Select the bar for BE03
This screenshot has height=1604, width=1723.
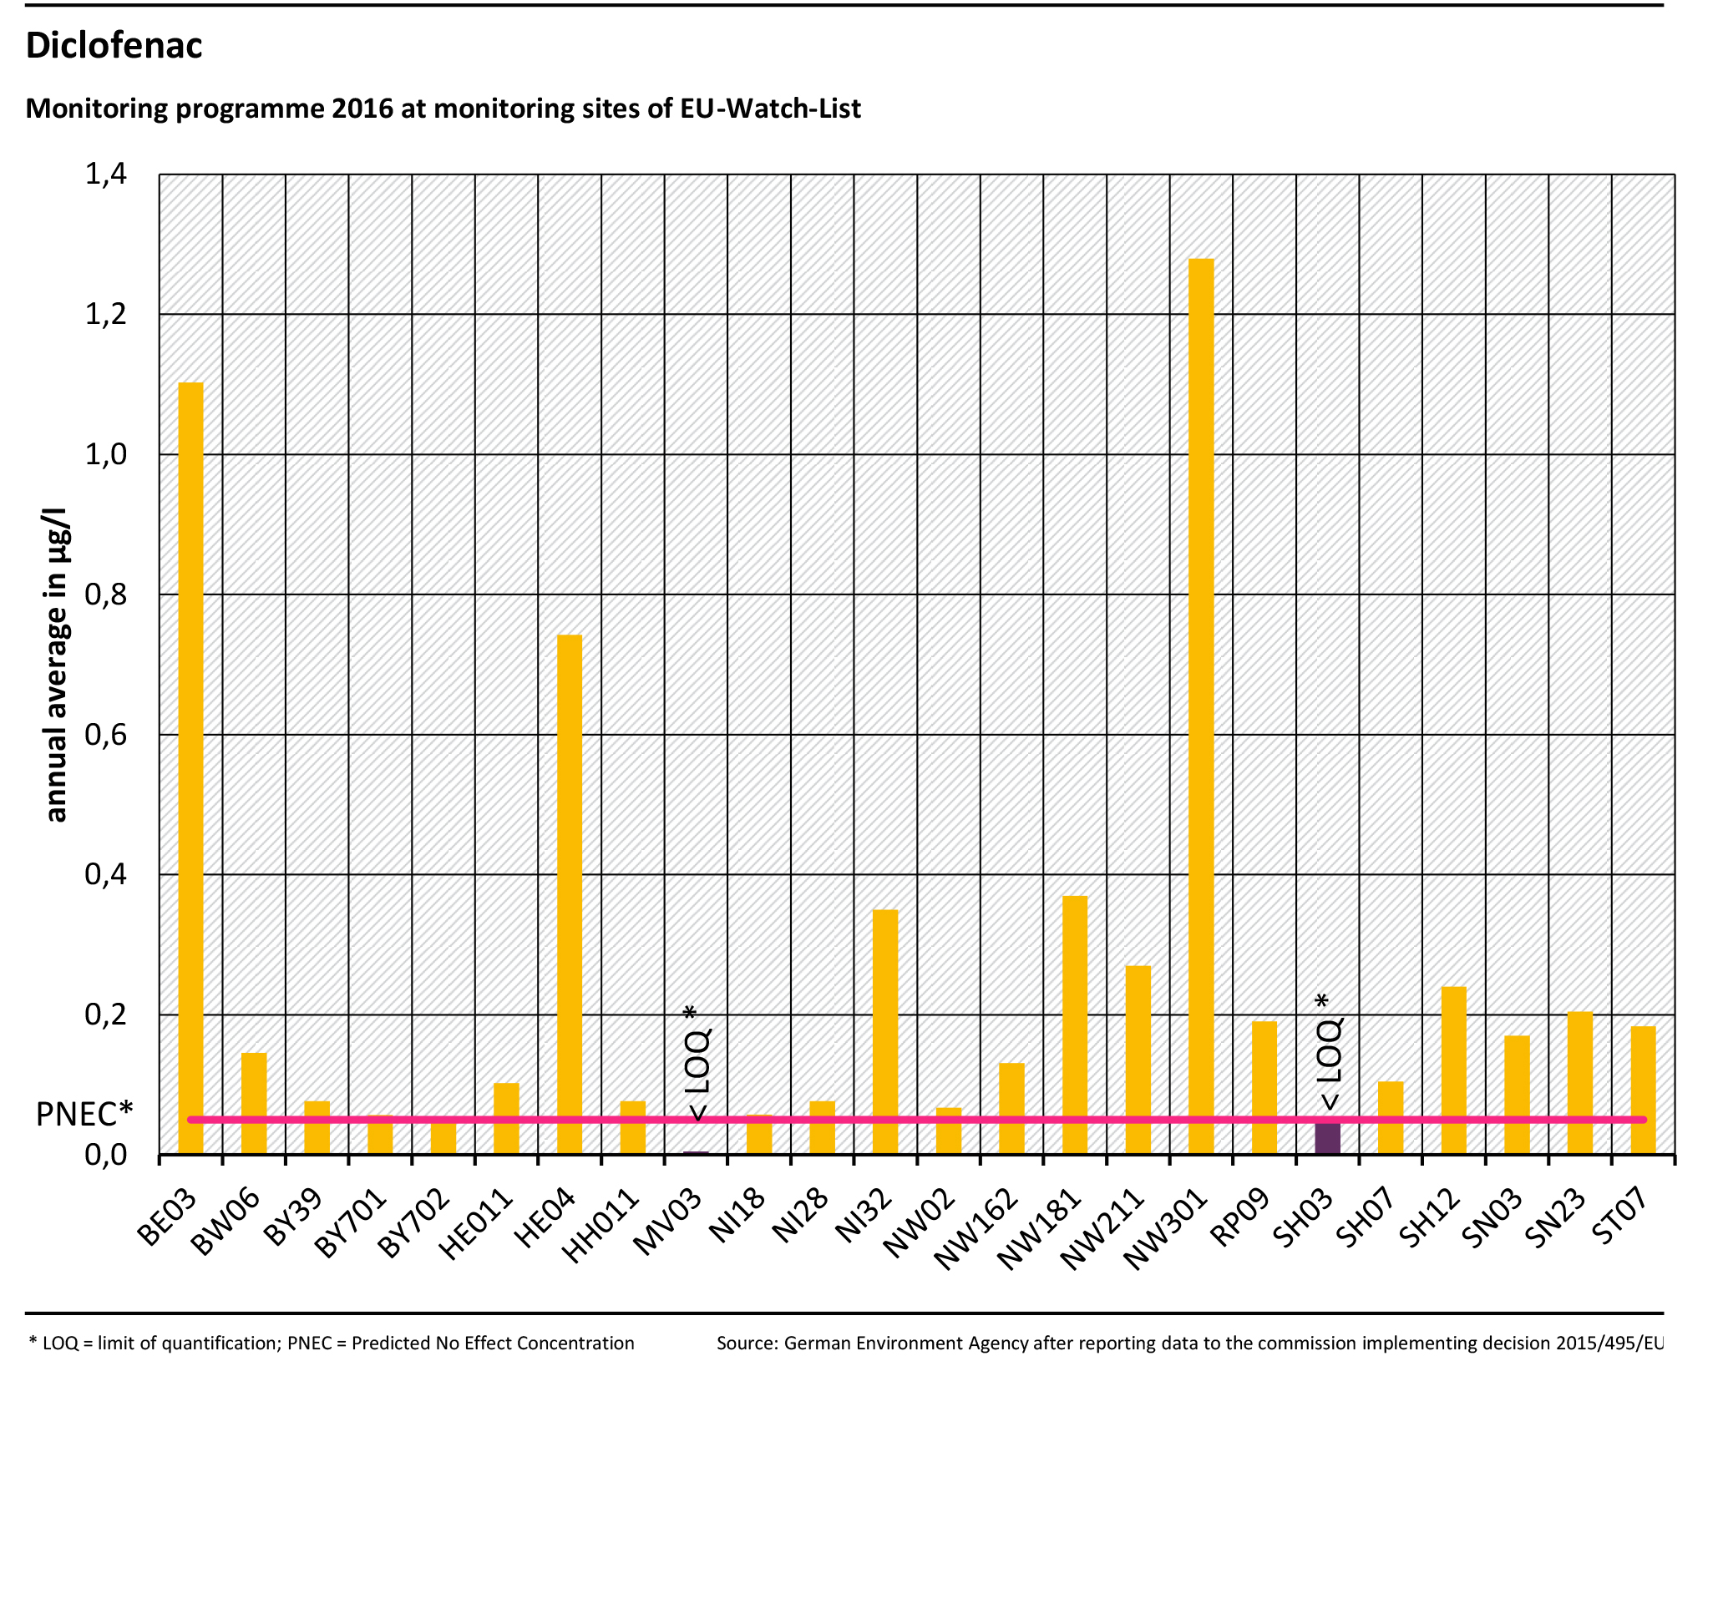[190, 768]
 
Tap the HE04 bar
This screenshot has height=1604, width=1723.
[569, 894]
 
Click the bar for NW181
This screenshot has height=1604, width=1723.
[1075, 1025]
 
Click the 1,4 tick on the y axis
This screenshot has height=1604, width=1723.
[105, 175]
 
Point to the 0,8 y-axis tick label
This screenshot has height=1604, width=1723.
[105, 595]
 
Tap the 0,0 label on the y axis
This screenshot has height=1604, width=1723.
[105, 1155]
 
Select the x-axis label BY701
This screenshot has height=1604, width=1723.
[350, 1223]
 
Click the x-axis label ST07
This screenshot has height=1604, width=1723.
[1620, 1218]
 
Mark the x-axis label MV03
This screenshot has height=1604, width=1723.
[667, 1222]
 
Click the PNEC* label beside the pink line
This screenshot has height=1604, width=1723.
[84, 1115]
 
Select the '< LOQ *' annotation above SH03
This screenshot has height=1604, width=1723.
[1329, 1052]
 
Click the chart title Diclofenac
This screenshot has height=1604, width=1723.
[114, 45]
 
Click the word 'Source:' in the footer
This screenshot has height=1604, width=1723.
[747, 1343]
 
